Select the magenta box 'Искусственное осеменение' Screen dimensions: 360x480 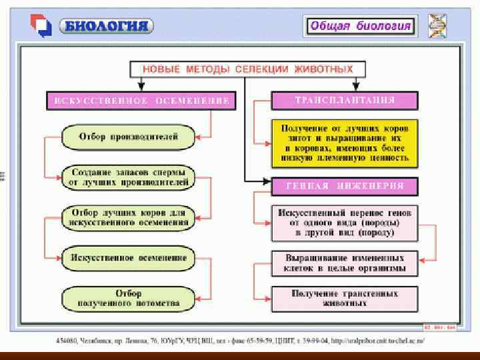pyautogui.click(x=141, y=101)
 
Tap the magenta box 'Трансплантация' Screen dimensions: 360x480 pyautogui.click(x=345, y=101)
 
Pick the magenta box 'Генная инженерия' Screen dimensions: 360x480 pyautogui.click(x=345, y=185)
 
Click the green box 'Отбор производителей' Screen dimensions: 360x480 pyautogui.click(x=128, y=137)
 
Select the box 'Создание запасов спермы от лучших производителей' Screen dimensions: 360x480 pyautogui.click(x=128, y=177)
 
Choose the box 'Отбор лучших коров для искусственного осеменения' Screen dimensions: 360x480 pyautogui.click(x=128, y=217)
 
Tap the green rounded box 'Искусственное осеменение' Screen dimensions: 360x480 pyautogui.click(x=128, y=258)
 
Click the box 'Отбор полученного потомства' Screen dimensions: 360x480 pyautogui.click(x=128, y=298)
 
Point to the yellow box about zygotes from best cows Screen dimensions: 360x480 pyautogui.click(x=345, y=143)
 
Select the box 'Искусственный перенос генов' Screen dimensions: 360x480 pyautogui.click(x=345, y=223)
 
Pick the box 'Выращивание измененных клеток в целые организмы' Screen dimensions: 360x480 pyautogui.click(x=345, y=263)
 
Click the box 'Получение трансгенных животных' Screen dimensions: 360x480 pyautogui.click(x=345, y=298)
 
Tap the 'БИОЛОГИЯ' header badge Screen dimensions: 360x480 pyautogui.click(x=106, y=26)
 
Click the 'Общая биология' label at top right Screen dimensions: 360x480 pyautogui.click(x=360, y=26)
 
